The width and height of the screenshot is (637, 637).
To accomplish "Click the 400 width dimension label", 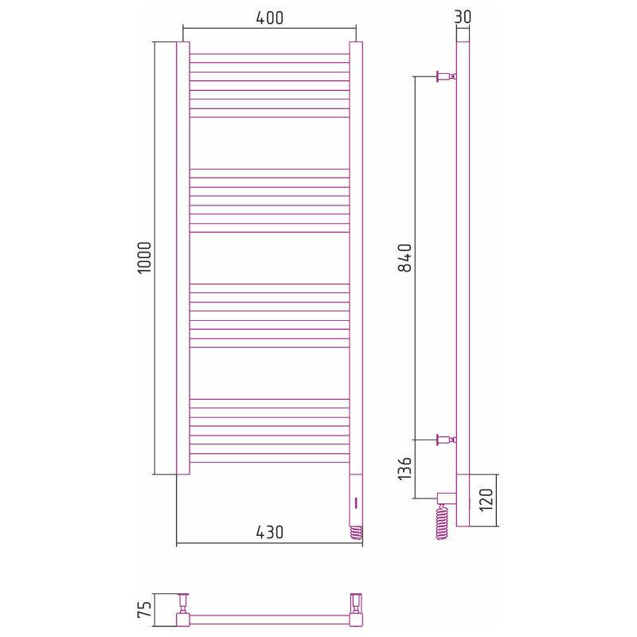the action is point(269,18).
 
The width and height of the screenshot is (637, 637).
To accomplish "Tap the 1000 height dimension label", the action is point(145,257).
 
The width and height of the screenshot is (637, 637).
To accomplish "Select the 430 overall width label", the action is point(269,532).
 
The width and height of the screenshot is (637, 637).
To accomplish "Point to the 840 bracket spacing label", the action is point(404,257).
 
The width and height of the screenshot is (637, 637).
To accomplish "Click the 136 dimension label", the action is point(404,468).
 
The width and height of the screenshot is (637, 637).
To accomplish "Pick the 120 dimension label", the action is point(486,499).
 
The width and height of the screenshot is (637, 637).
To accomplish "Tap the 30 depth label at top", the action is point(463,17).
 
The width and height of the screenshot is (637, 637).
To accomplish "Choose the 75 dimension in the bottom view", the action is point(145,609).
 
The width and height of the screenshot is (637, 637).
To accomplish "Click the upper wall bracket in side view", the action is point(446,76).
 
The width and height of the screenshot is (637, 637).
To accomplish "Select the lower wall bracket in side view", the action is point(446,440).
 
